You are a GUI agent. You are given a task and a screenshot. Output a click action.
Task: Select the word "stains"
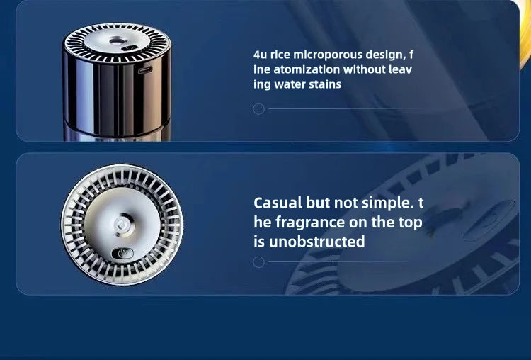[325, 84]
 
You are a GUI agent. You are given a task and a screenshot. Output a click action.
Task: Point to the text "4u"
[260, 55]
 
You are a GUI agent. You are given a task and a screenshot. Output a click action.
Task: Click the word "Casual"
[278, 203]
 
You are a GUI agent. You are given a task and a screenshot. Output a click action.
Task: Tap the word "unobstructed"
[317, 242]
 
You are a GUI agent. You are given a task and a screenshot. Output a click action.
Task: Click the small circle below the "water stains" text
[258, 109]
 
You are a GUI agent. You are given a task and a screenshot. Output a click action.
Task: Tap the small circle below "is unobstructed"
[258, 262]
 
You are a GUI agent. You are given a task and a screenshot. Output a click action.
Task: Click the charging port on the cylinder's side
[145, 70]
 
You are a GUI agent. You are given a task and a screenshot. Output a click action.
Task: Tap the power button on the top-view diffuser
[122, 253]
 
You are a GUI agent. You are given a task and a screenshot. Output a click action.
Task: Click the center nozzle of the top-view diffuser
[121, 225]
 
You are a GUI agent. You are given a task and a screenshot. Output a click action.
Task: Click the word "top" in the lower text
[411, 223]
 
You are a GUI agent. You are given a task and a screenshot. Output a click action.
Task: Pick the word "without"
[364, 69]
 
